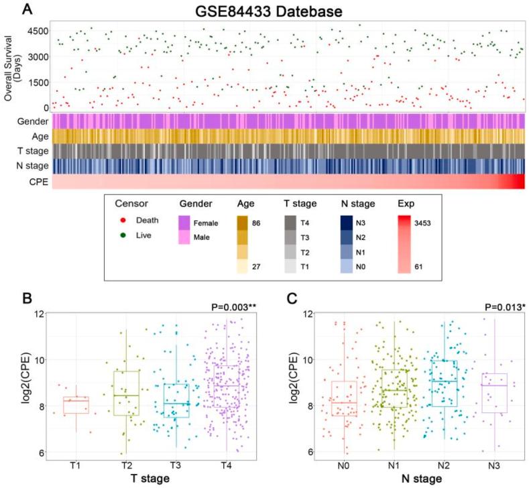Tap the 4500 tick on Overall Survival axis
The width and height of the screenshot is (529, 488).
[37, 30]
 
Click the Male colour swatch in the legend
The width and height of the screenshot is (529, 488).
[188, 240]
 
